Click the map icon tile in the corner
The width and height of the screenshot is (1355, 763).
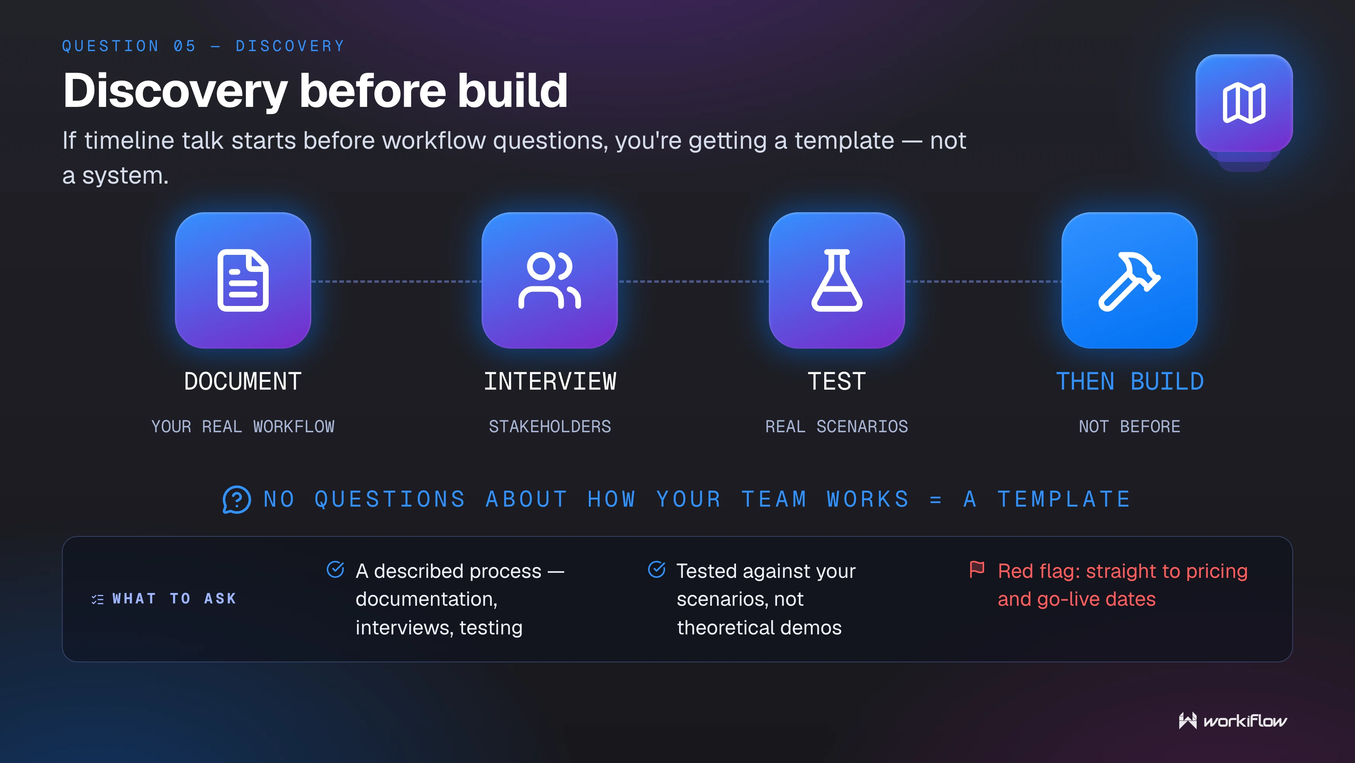(x=1244, y=103)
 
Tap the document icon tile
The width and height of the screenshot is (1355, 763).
(x=243, y=280)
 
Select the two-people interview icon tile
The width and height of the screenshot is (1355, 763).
(x=550, y=280)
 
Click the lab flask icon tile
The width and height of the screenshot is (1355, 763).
(x=837, y=280)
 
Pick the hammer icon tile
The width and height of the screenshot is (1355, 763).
(x=1129, y=280)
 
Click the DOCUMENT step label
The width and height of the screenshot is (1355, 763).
(x=243, y=381)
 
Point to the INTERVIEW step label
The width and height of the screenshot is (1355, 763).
(x=550, y=381)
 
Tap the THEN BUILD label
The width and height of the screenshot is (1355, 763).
(x=1130, y=381)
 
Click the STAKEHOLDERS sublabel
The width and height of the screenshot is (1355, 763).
(x=550, y=426)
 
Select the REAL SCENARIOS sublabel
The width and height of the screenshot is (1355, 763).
(x=837, y=426)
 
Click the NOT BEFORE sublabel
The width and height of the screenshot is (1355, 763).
(x=1130, y=426)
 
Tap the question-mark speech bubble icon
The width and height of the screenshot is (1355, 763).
(x=237, y=499)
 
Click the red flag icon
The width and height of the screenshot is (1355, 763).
(x=977, y=569)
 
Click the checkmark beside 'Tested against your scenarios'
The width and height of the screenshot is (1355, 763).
(x=657, y=569)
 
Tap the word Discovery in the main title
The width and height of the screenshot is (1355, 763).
(x=175, y=91)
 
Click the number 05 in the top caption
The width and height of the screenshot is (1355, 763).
(x=185, y=46)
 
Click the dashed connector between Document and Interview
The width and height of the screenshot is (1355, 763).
(x=396, y=282)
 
